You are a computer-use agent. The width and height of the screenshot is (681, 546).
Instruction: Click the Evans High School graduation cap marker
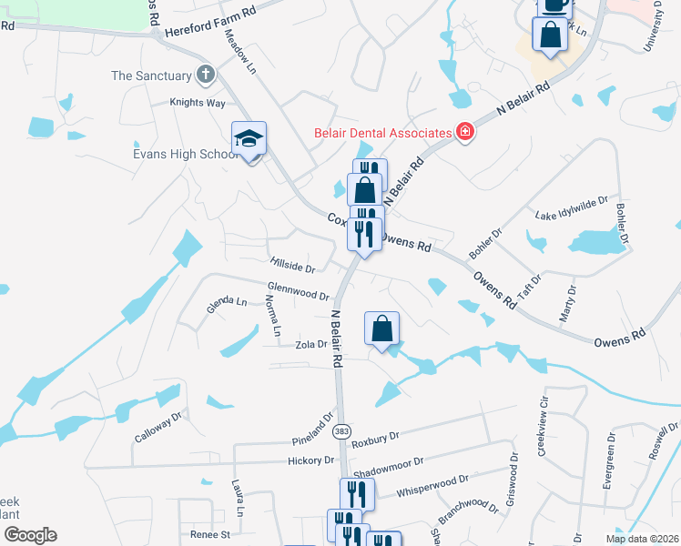click(249, 140)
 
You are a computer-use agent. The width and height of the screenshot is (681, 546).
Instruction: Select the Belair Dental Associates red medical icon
click(465, 132)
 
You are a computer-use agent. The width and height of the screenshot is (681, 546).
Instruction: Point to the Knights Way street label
click(198, 103)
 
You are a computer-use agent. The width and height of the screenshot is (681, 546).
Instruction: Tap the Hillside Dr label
click(292, 267)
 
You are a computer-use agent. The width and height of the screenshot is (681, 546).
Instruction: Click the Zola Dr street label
click(310, 345)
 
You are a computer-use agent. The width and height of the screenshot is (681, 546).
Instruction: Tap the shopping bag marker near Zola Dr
click(382, 329)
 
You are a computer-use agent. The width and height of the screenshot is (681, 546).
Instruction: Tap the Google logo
click(29, 534)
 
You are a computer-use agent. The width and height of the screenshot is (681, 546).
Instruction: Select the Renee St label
click(210, 535)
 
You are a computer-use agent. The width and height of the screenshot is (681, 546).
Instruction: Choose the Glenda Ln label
click(227, 304)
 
